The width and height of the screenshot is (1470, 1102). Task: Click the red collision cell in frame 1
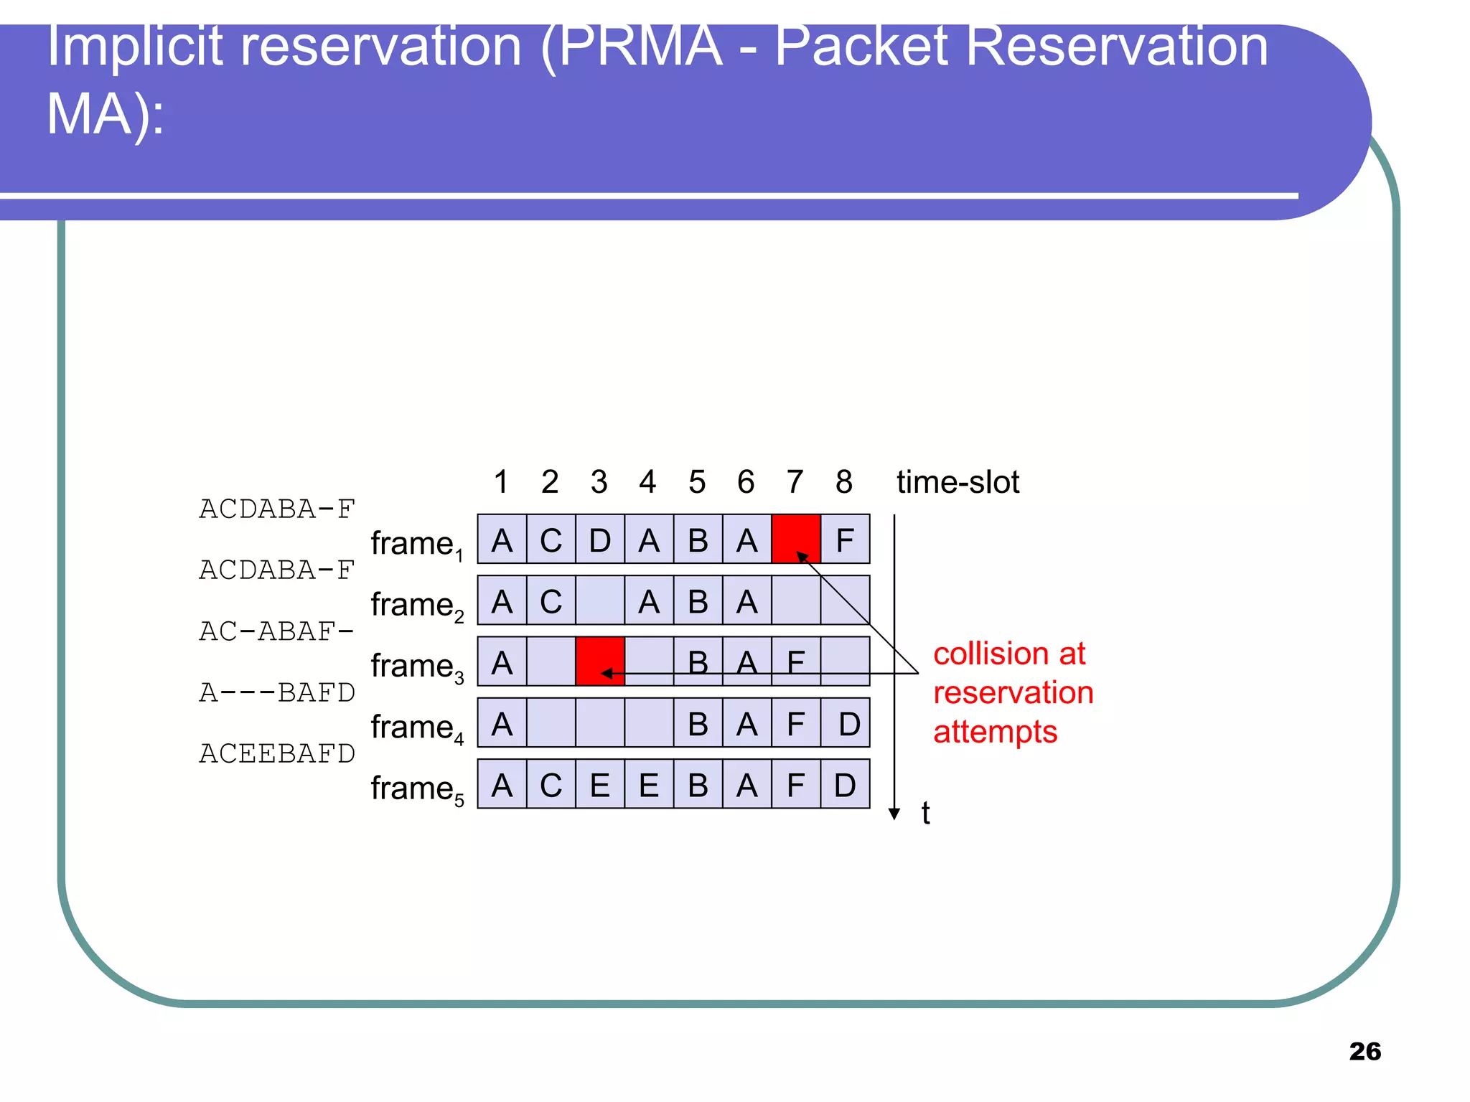pyautogui.click(x=795, y=539)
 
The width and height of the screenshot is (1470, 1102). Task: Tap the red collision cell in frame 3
pyautogui.click(x=600, y=661)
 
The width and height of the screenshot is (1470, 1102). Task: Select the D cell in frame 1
pyautogui.click(x=600, y=540)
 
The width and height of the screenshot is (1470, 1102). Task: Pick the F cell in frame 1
pyautogui.click(x=845, y=540)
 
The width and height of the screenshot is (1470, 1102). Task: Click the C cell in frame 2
pyautogui.click(x=551, y=601)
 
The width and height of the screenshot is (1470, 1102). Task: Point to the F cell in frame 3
pyautogui.click(x=795, y=661)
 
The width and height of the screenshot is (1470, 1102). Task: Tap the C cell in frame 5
pyautogui.click(x=551, y=784)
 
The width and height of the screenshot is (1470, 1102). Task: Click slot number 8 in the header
pyautogui.click(x=844, y=481)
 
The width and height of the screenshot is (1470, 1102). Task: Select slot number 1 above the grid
pyautogui.click(x=501, y=481)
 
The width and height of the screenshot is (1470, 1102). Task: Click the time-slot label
pyautogui.click(x=958, y=481)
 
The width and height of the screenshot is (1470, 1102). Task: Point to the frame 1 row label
pyautogui.click(x=417, y=544)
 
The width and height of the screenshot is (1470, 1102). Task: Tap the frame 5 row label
pyautogui.click(x=417, y=788)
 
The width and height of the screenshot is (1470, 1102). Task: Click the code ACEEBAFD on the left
pyautogui.click(x=277, y=753)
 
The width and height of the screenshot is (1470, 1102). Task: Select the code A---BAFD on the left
pyautogui.click(x=277, y=692)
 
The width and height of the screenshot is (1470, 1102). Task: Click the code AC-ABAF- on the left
pyautogui.click(x=277, y=631)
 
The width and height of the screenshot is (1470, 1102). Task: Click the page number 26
pyautogui.click(x=1364, y=1051)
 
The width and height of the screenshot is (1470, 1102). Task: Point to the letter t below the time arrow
pyautogui.click(x=926, y=813)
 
